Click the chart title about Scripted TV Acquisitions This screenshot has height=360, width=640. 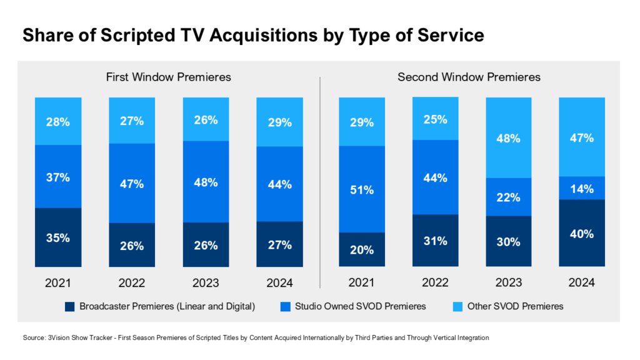252,35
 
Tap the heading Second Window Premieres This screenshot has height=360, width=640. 469,77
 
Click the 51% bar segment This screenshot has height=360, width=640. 362,189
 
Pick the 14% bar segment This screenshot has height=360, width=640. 581,187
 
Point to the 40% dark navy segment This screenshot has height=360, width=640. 581,233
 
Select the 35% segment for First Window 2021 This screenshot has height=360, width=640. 58,237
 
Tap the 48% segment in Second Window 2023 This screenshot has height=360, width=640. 508,137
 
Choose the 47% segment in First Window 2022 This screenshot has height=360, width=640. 132,183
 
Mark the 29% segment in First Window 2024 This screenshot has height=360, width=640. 279,122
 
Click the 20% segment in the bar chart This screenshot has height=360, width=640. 362,249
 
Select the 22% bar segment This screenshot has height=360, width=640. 508,197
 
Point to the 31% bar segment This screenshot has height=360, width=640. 435,241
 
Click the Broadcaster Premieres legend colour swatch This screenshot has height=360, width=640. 69,306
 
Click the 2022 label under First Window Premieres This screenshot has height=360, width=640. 132,283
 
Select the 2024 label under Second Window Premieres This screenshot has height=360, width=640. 581,283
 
